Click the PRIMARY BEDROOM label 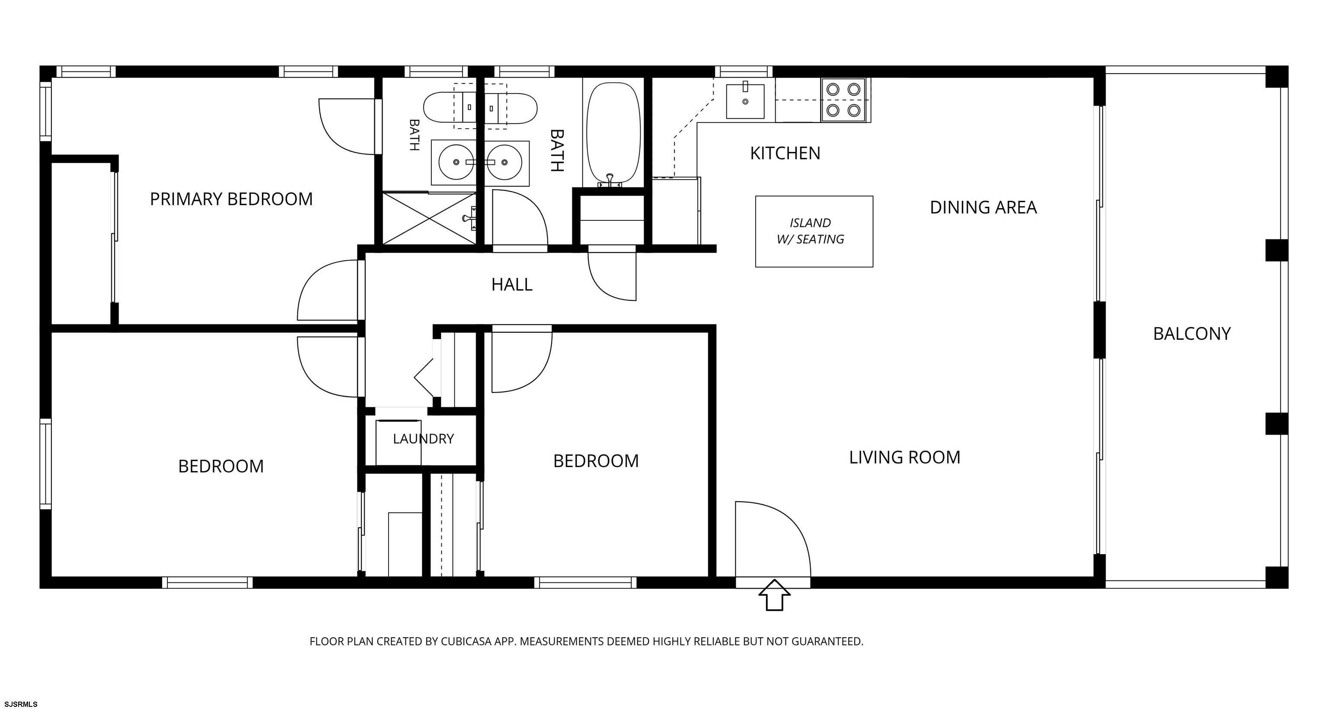point(231,199)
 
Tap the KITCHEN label point(785,153)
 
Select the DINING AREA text point(983,207)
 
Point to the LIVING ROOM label point(905,457)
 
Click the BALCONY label point(1192,334)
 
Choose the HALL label point(511,284)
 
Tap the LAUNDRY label point(423,438)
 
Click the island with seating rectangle point(814,231)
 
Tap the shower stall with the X point(429,218)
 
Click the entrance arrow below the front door point(774,595)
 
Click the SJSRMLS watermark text point(21,704)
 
